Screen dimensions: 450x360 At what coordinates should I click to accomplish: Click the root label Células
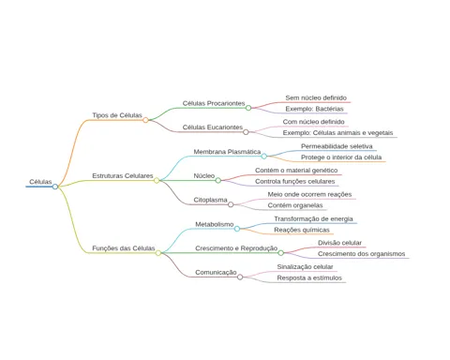[40, 182]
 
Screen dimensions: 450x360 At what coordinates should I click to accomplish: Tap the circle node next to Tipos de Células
[145, 120]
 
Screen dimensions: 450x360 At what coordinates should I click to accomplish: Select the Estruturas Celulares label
[123, 176]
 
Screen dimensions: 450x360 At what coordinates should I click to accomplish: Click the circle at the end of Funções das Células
[158, 253]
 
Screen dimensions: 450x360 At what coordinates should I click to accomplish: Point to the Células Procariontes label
[214, 103]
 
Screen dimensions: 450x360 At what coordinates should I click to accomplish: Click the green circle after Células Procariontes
[248, 108]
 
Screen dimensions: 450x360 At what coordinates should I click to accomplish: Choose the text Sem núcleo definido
[316, 97]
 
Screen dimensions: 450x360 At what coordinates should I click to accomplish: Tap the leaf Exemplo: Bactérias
[314, 109]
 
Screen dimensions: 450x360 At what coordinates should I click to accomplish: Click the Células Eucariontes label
[213, 127]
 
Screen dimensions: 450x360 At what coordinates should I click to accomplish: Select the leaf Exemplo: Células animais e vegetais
[337, 133]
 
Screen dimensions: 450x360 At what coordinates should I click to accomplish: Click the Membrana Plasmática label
[227, 152]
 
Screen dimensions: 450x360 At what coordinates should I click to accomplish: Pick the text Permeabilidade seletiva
[337, 146]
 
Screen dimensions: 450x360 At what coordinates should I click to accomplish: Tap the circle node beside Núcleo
[218, 180]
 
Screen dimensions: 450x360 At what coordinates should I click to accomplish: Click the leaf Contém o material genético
[296, 171]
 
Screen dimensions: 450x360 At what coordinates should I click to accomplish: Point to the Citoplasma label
[210, 200]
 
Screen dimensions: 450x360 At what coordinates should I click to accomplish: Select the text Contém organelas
[295, 205]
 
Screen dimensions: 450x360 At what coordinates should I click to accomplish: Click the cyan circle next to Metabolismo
[237, 229]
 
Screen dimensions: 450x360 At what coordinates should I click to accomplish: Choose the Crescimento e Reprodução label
[236, 248]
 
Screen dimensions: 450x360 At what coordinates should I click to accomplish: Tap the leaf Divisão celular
[339, 243]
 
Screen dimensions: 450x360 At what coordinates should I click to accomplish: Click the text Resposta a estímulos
[309, 277]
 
